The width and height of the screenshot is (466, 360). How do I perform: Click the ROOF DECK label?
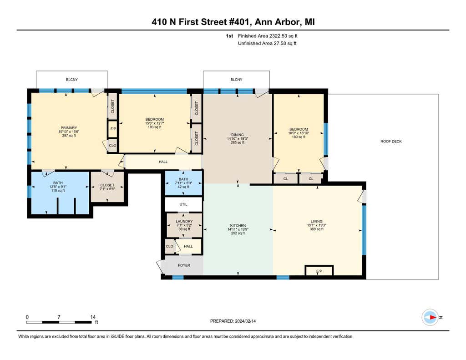[x=391, y=142]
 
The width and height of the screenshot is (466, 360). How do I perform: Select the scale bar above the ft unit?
[x=59, y=322]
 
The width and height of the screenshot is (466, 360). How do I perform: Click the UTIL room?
[x=183, y=204]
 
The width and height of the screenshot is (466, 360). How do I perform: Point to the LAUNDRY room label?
[x=184, y=222]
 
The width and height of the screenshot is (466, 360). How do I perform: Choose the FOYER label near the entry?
[x=184, y=265]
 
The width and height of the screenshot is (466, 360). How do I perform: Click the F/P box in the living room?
[x=319, y=270]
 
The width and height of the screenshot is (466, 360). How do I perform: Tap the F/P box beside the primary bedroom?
[x=113, y=129]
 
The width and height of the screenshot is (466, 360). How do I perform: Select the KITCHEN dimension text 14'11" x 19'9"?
[x=238, y=229]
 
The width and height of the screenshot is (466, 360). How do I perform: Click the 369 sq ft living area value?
[x=317, y=229]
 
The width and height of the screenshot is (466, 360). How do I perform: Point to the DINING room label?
[x=237, y=135]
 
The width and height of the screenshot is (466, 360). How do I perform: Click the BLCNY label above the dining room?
[x=236, y=80]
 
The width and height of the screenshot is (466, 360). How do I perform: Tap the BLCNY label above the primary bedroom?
[x=71, y=80]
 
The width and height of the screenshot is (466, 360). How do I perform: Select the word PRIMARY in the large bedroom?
[x=69, y=128]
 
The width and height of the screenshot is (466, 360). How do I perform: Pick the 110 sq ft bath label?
[x=58, y=191]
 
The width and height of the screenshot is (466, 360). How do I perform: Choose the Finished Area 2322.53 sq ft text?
[x=268, y=36]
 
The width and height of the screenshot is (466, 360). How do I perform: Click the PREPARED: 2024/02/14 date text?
[x=233, y=321]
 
